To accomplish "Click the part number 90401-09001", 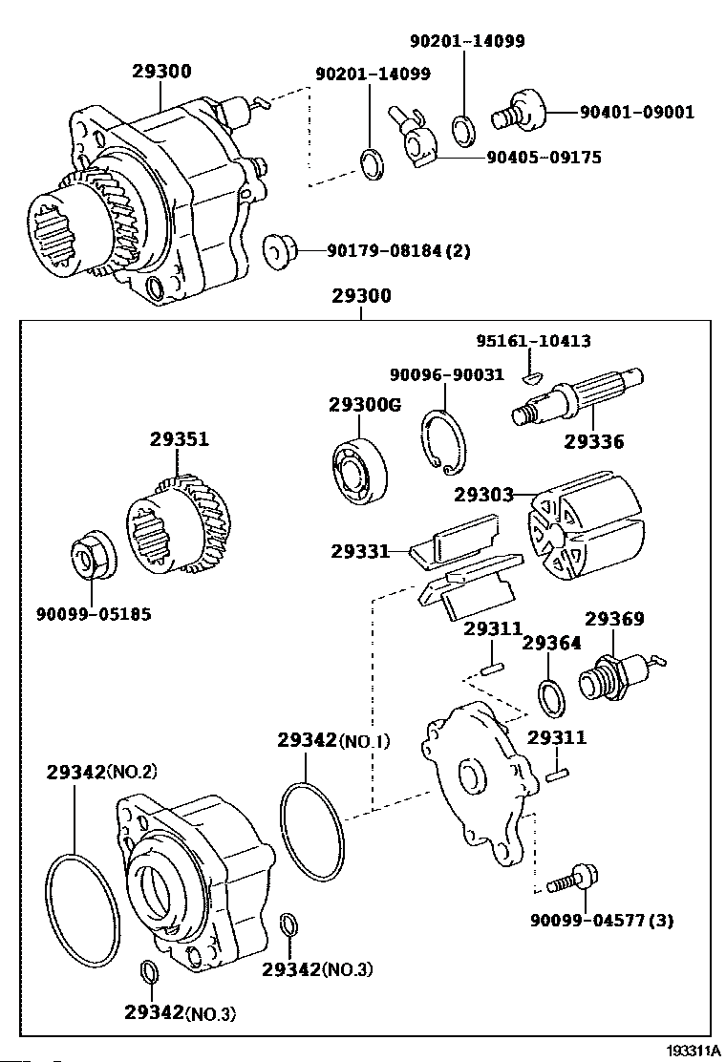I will tap(637, 113).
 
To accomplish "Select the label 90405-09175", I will tap(544, 158).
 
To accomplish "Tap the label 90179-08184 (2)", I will tap(398, 251).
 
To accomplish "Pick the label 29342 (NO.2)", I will tap(101, 772).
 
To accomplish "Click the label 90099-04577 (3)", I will tap(602, 921).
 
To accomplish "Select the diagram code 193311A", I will tap(694, 1051).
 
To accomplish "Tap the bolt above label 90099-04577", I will tap(572, 877).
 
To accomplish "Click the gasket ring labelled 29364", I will tap(550, 697).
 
